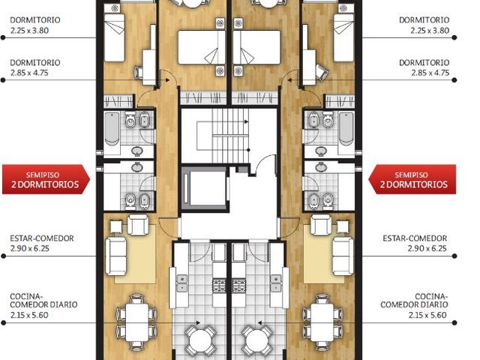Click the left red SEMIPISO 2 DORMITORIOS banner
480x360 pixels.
coord(46,179)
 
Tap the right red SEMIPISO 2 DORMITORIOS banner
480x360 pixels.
coord(412,179)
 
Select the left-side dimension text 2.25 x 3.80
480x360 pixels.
coord(29,31)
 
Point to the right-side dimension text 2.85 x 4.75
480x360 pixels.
coord(430,73)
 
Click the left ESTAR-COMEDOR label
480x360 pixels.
coord(42,238)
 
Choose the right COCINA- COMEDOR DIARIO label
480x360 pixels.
coord(414,300)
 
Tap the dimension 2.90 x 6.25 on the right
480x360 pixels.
coord(427,248)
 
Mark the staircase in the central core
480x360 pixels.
coord(230,136)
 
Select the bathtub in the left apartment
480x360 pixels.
coord(112,128)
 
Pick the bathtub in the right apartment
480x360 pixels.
coord(346,128)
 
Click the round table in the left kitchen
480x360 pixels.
coord(200,339)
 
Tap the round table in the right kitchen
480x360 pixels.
coord(257,339)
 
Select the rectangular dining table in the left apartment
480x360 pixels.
coord(137,322)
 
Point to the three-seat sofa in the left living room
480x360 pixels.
coord(116,256)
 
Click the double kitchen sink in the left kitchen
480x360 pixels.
coord(182,283)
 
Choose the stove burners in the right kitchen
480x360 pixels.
coord(238,286)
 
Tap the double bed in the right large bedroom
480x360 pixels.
coord(256,47)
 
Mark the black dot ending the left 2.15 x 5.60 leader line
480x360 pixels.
coord(3,322)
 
